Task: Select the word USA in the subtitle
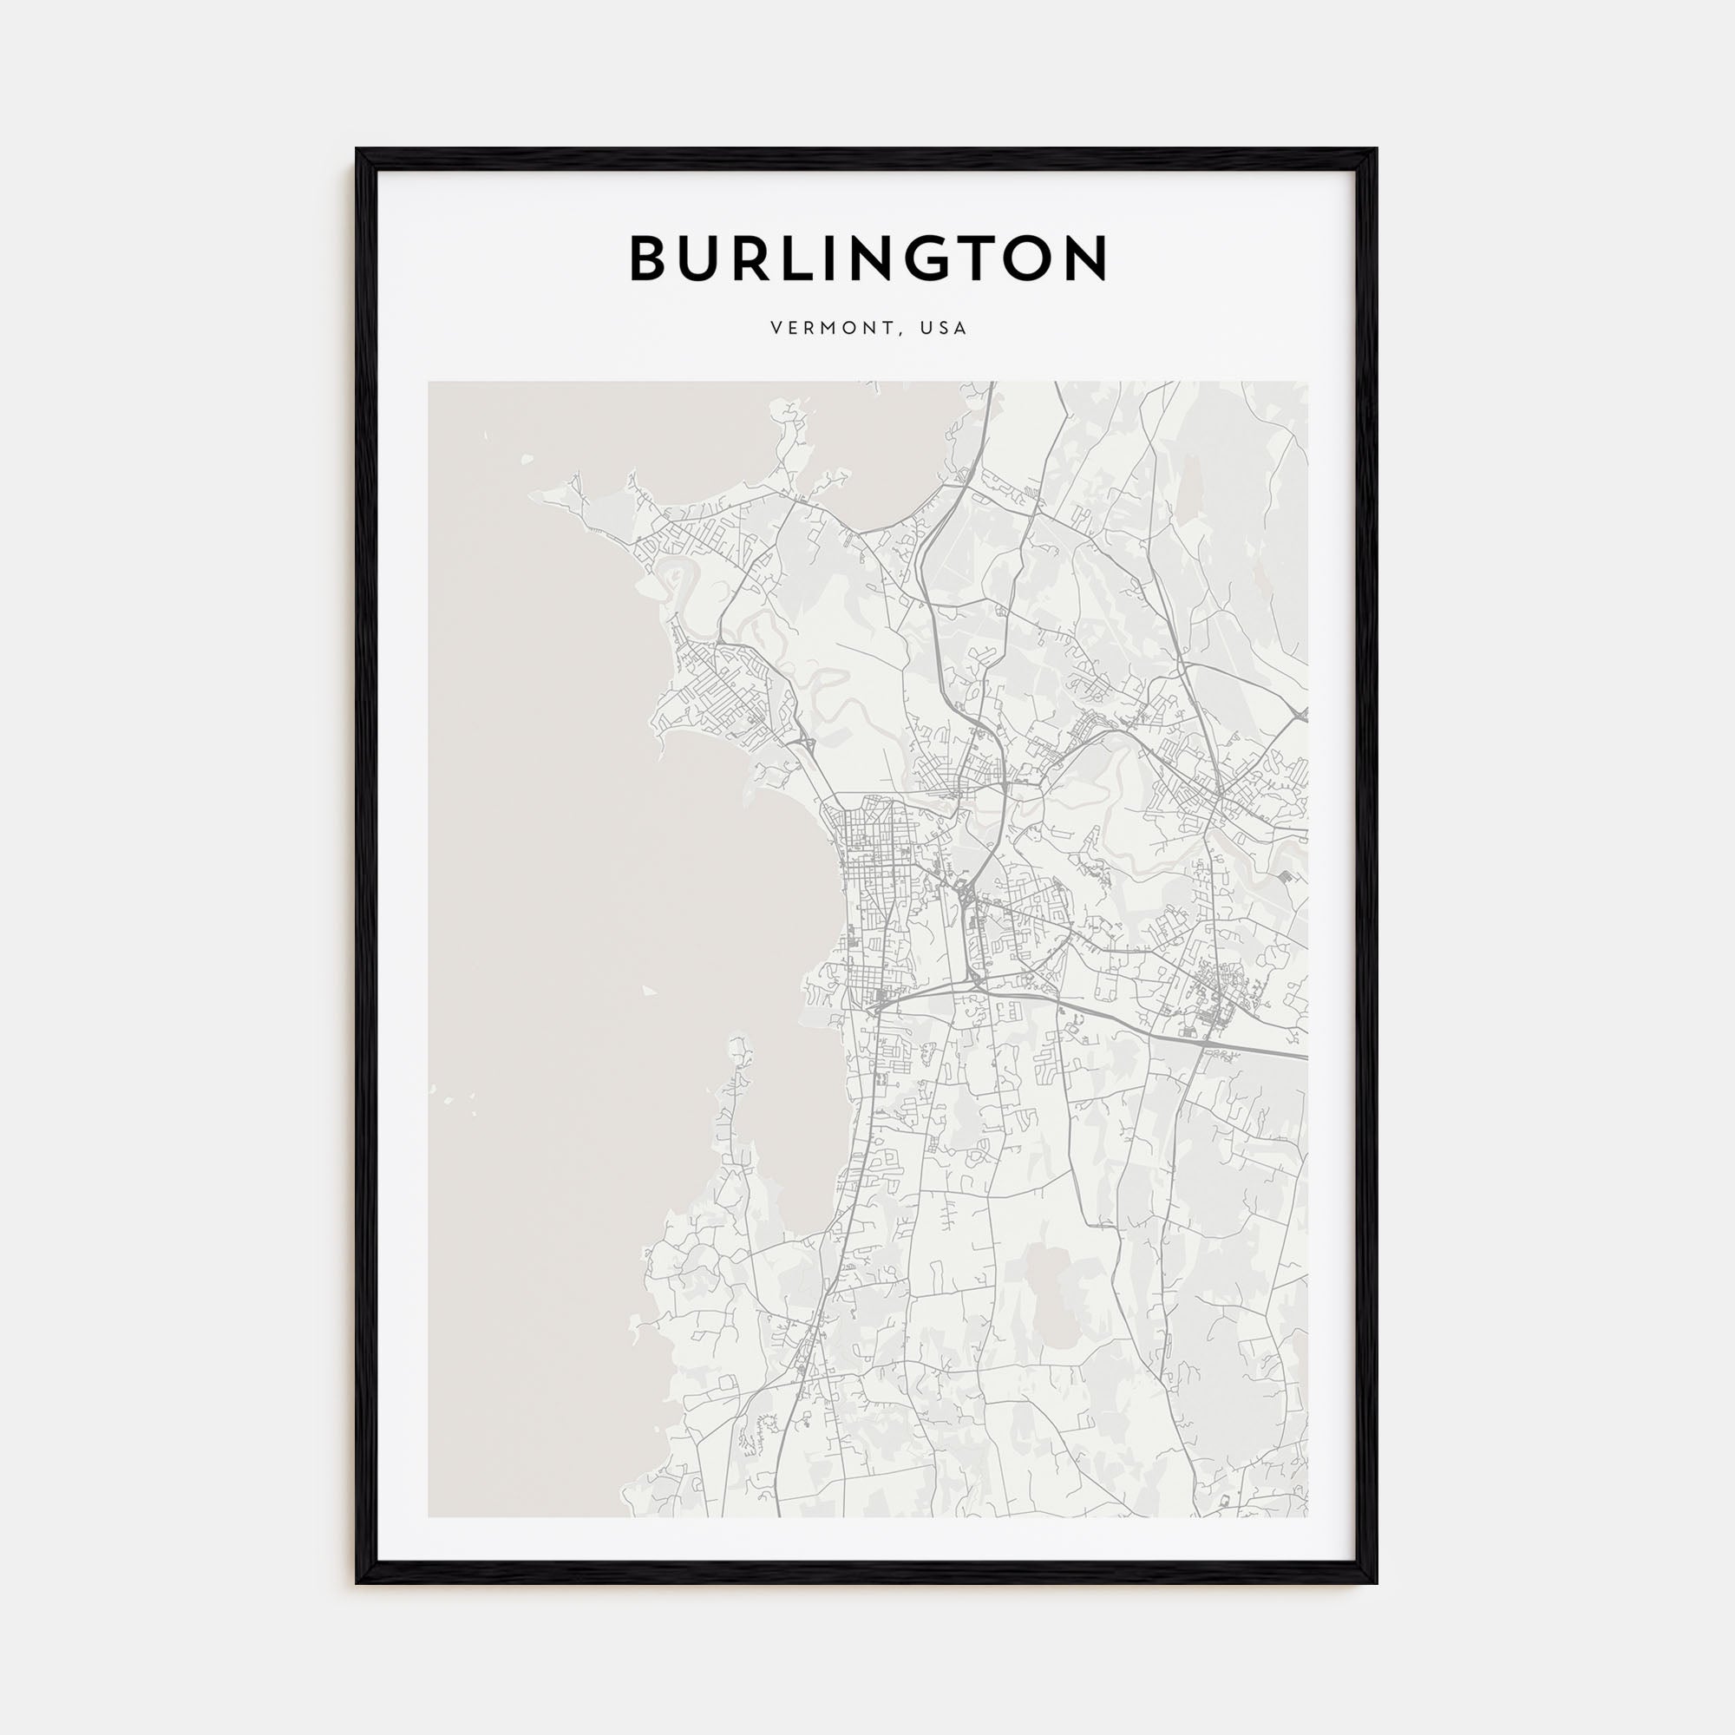point(943,329)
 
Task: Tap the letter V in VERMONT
point(776,329)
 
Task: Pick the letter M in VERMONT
point(830,329)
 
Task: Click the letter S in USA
point(943,329)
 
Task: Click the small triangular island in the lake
point(648,991)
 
